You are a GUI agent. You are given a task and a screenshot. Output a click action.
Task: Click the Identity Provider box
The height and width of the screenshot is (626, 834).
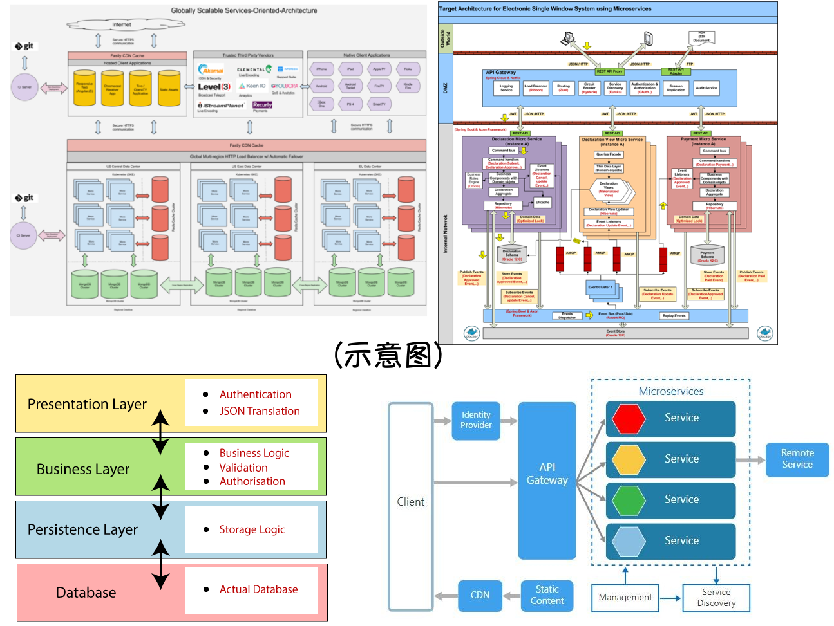click(x=476, y=420)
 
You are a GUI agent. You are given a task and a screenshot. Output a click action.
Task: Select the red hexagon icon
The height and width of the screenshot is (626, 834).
click(x=628, y=418)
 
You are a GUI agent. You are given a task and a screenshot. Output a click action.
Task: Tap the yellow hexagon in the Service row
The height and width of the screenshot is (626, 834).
click(x=628, y=459)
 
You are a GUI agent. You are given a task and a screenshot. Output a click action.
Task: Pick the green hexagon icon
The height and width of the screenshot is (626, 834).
click(x=628, y=500)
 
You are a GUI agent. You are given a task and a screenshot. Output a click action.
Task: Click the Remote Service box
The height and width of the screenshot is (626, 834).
click(x=797, y=459)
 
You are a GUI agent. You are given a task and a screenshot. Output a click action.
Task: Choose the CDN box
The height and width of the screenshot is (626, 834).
click(x=480, y=595)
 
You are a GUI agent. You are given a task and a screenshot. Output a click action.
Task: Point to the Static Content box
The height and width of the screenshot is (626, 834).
click(x=547, y=595)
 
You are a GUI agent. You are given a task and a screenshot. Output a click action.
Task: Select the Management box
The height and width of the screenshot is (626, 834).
click(x=625, y=598)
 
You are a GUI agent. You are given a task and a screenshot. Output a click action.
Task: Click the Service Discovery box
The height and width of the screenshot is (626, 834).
click(x=716, y=598)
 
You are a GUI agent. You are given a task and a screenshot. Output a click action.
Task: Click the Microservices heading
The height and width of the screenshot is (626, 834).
click(x=670, y=391)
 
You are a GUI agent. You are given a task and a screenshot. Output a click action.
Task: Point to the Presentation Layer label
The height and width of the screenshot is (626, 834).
click(x=87, y=404)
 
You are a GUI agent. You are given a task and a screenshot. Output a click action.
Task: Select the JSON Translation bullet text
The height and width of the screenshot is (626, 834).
click(x=260, y=411)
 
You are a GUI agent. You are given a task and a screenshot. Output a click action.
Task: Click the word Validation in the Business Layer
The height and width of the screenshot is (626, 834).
click(x=243, y=468)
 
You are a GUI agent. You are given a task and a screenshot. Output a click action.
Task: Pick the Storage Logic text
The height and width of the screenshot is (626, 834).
click(x=252, y=529)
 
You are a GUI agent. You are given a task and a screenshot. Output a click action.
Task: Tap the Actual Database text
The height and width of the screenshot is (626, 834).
click(x=258, y=589)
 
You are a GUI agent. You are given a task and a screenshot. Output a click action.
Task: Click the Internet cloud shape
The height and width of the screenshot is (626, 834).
click(x=122, y=24)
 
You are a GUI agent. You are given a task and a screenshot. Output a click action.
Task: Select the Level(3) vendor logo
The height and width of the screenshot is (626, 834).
click(x=214, y=87)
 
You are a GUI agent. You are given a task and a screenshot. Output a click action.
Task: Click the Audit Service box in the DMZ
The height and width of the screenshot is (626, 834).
click(x=706, y=88)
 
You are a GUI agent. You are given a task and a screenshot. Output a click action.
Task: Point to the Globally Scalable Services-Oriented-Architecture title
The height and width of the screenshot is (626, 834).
click(x=244, y=10)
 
